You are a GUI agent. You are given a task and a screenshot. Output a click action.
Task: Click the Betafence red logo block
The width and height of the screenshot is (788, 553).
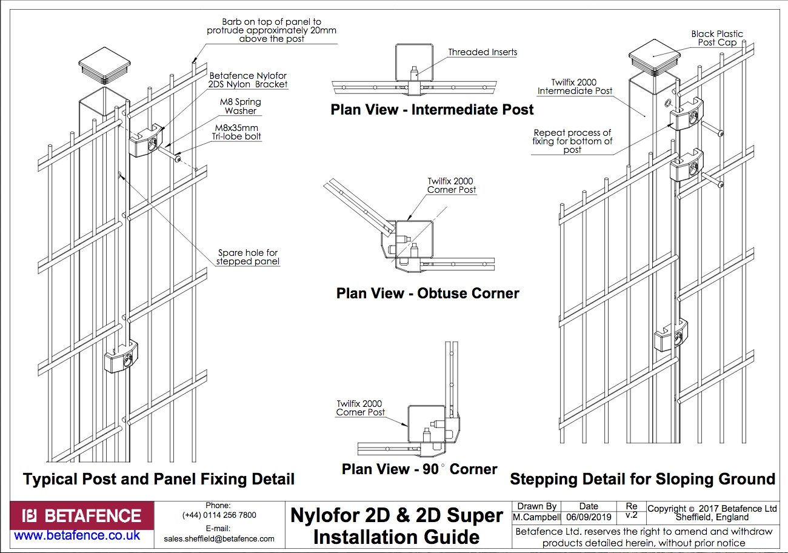(82, 516)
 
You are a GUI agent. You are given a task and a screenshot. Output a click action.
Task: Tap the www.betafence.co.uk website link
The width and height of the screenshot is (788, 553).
(77, 535)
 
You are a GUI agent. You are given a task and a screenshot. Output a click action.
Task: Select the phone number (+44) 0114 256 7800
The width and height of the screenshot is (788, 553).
(219, 515)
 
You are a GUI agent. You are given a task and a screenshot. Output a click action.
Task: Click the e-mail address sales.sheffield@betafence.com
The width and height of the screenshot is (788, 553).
(219, 538)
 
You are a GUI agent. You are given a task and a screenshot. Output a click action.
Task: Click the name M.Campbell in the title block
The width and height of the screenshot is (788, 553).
(536, 517)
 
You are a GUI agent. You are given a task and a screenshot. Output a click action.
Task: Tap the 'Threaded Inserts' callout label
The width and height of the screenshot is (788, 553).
(482, 52)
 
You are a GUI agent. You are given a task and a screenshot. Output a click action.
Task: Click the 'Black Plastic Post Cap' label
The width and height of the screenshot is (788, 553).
(717, 38)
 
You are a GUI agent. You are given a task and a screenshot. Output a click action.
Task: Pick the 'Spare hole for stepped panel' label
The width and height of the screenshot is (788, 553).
(248, 257)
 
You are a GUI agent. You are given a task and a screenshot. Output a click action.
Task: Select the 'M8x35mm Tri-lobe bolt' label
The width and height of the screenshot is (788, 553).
(236, 132)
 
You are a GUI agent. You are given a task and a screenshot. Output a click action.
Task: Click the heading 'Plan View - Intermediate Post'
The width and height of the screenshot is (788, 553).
(432, 110)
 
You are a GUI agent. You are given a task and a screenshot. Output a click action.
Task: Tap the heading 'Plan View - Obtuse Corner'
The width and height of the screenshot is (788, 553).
(427, 293)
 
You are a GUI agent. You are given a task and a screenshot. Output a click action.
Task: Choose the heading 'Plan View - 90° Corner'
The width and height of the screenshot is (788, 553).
(419, 469)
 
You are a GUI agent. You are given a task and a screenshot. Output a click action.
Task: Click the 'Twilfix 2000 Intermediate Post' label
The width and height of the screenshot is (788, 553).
(574, 87)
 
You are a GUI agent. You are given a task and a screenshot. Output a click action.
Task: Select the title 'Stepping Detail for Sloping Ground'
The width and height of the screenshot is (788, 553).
(643, 479)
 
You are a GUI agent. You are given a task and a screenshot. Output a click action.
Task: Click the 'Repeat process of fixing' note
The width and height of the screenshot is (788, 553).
(572, 141)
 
